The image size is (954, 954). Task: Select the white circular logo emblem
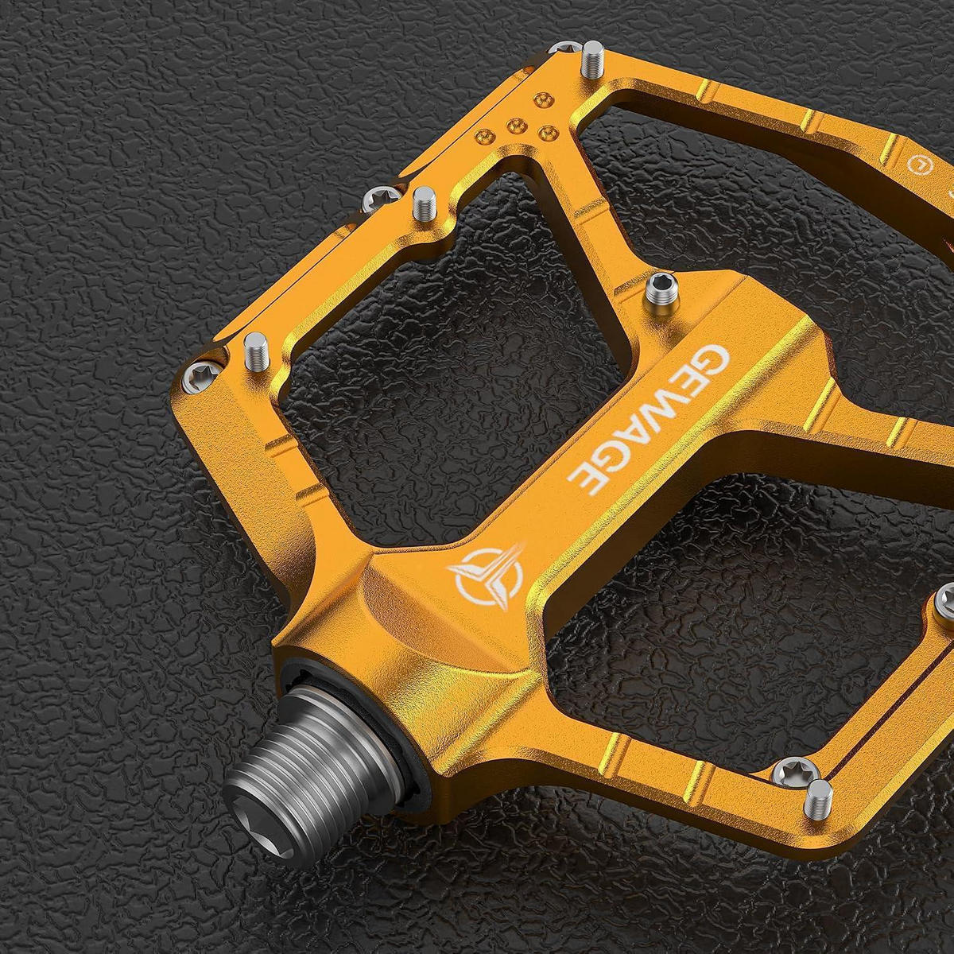(485, 577)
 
